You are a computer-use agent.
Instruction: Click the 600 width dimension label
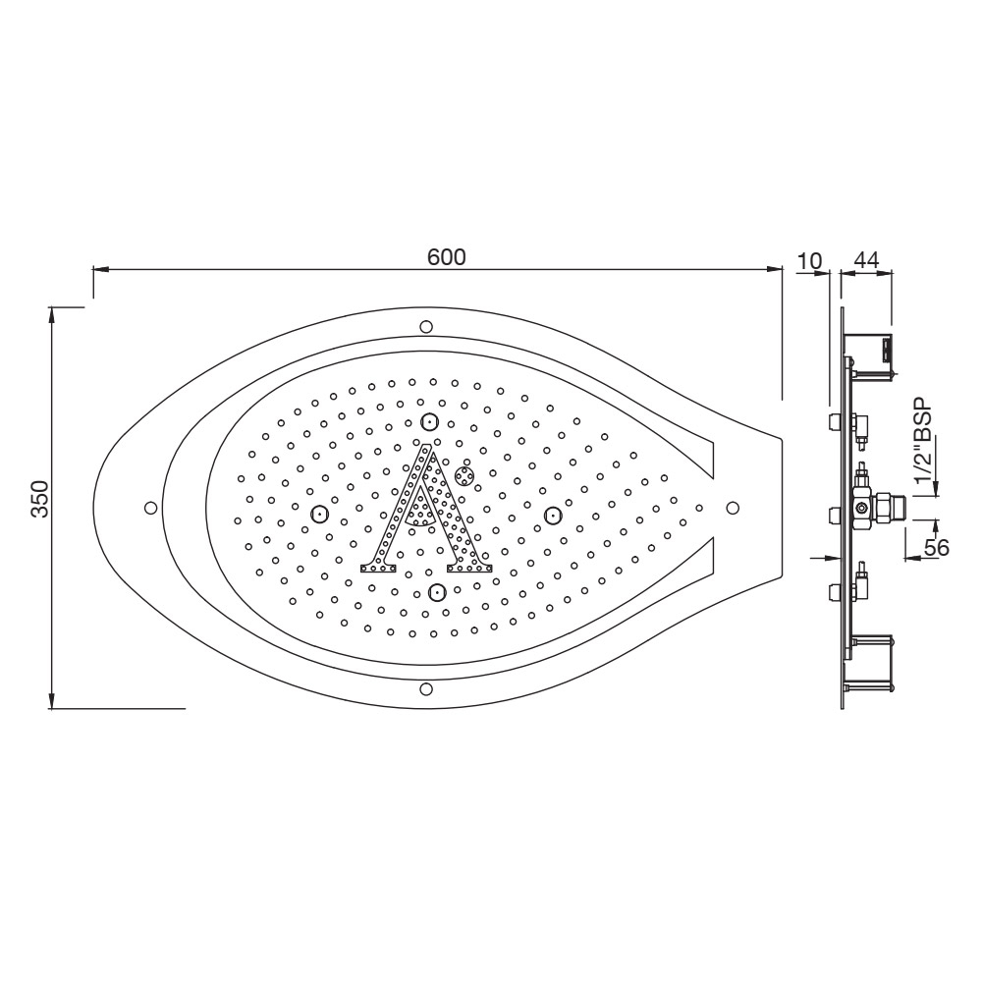pyautogui.click(x=446, y=256)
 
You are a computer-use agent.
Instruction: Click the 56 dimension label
pyautogui.click(x=937, y=547)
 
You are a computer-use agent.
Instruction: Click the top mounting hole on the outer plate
pyautogui.click(x=425, y=326)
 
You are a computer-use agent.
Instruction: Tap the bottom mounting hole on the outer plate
pyautogui.click(x=425, y=688)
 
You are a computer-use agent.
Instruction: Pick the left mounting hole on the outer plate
pyautogui.click(x=150, y=507)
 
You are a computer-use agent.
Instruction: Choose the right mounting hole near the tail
pyautogui.click(x=733, y=507)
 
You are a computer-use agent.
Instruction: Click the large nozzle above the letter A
pyautogui.click(x=429, y=422)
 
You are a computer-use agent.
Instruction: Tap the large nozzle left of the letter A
pyautogui.click(x=318, y=513)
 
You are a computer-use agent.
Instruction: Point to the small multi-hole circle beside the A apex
pyautogui.click(x=464, y=475)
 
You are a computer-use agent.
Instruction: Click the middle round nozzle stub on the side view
pyautogui.click(x=834, y=514)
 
